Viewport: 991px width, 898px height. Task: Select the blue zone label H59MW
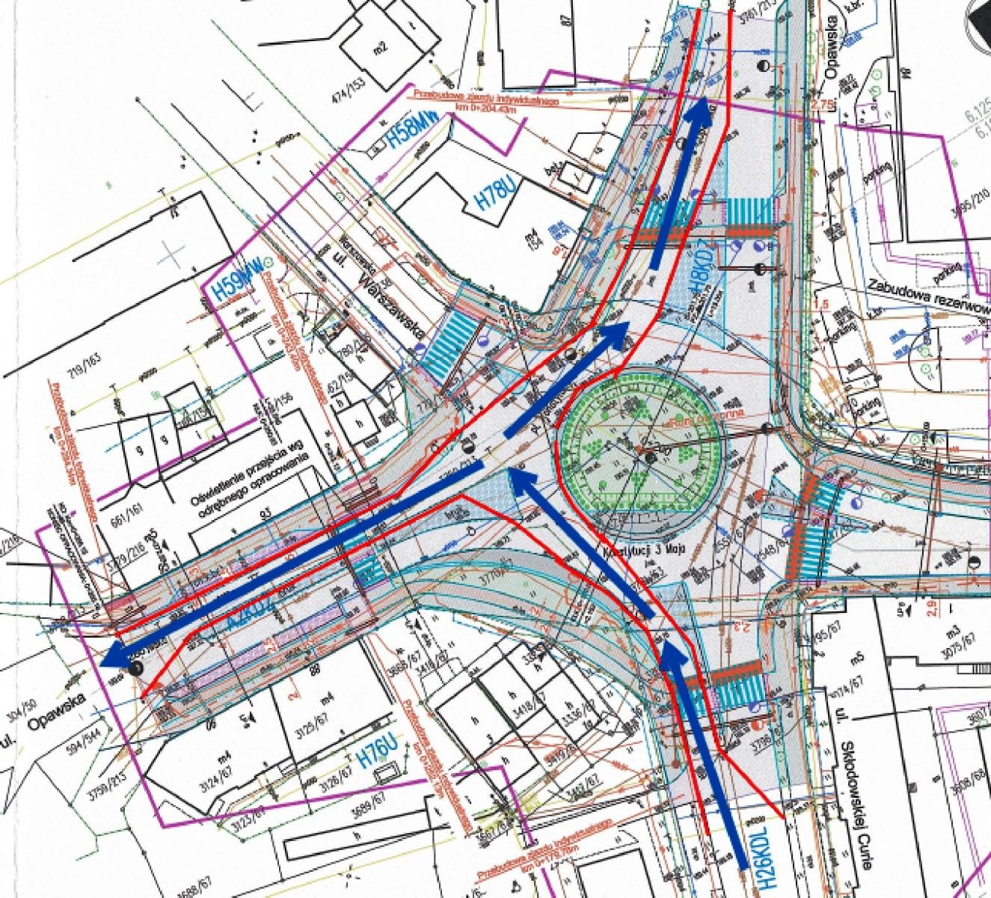tap(223, 282)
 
